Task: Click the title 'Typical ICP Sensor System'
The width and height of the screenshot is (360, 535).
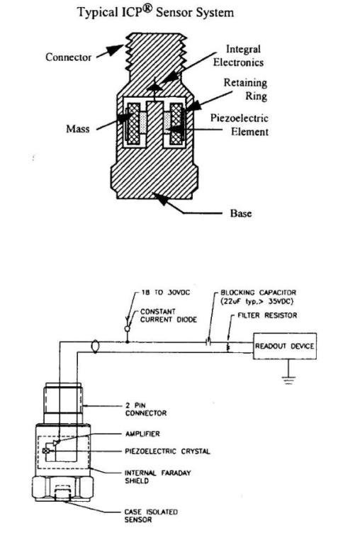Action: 156,12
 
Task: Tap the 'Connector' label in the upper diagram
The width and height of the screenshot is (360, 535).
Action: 68,57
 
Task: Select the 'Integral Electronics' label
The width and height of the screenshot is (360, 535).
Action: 239,55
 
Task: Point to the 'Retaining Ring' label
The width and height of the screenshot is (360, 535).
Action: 245,89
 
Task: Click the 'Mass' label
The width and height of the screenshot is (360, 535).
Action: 78,129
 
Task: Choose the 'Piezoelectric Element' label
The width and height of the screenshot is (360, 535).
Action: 240,125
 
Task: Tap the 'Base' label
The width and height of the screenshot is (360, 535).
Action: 241,213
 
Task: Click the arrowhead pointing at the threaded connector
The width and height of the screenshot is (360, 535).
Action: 116,50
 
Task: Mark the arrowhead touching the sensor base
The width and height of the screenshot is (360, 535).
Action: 160,198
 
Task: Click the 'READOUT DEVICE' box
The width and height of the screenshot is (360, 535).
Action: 285,346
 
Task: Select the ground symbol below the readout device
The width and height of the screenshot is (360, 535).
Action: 288,379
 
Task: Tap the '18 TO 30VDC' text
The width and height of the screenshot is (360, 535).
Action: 166,293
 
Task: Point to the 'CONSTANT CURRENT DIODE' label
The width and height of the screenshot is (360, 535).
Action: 169,315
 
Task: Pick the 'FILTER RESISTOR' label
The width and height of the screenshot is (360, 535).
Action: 267,315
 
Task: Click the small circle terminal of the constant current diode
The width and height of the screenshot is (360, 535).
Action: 128,329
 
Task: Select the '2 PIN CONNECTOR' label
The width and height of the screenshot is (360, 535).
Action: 146,410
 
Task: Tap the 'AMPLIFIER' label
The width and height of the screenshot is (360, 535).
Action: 142,434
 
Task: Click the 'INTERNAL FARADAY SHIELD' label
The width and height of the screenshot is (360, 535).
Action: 157,477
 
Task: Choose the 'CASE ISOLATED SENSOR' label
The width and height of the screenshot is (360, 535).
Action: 151,516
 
